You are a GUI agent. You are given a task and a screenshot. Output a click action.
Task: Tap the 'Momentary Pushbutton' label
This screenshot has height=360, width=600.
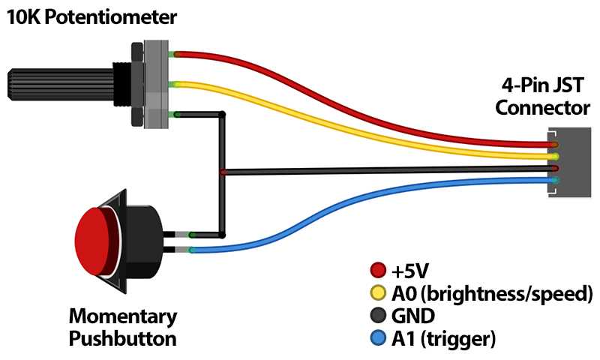tap(123, 327)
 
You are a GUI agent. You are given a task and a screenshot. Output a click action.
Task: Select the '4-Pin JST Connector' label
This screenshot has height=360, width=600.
tap(541, 96)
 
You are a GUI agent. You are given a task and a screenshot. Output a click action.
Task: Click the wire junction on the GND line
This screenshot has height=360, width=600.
tap(223, 172)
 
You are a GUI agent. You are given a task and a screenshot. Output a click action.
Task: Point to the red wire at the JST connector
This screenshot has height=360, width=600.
tap(553, 144)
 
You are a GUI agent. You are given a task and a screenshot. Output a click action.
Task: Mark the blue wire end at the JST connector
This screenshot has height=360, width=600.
tap(553, 181)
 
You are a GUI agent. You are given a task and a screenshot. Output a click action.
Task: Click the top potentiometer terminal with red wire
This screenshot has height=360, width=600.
tap(173, 54)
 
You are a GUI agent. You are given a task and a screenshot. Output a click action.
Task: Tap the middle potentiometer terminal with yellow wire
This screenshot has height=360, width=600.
tap(173, 84)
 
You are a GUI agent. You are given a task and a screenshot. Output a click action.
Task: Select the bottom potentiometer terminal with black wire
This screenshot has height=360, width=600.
tap(173, 114)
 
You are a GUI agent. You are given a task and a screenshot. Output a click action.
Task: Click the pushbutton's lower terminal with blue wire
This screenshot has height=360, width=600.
tap(191, 249)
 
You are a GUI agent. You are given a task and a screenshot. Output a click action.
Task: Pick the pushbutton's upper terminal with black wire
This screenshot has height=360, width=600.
tap(191, 235)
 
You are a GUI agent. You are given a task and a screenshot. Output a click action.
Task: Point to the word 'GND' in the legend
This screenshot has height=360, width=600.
tap(412, 316)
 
